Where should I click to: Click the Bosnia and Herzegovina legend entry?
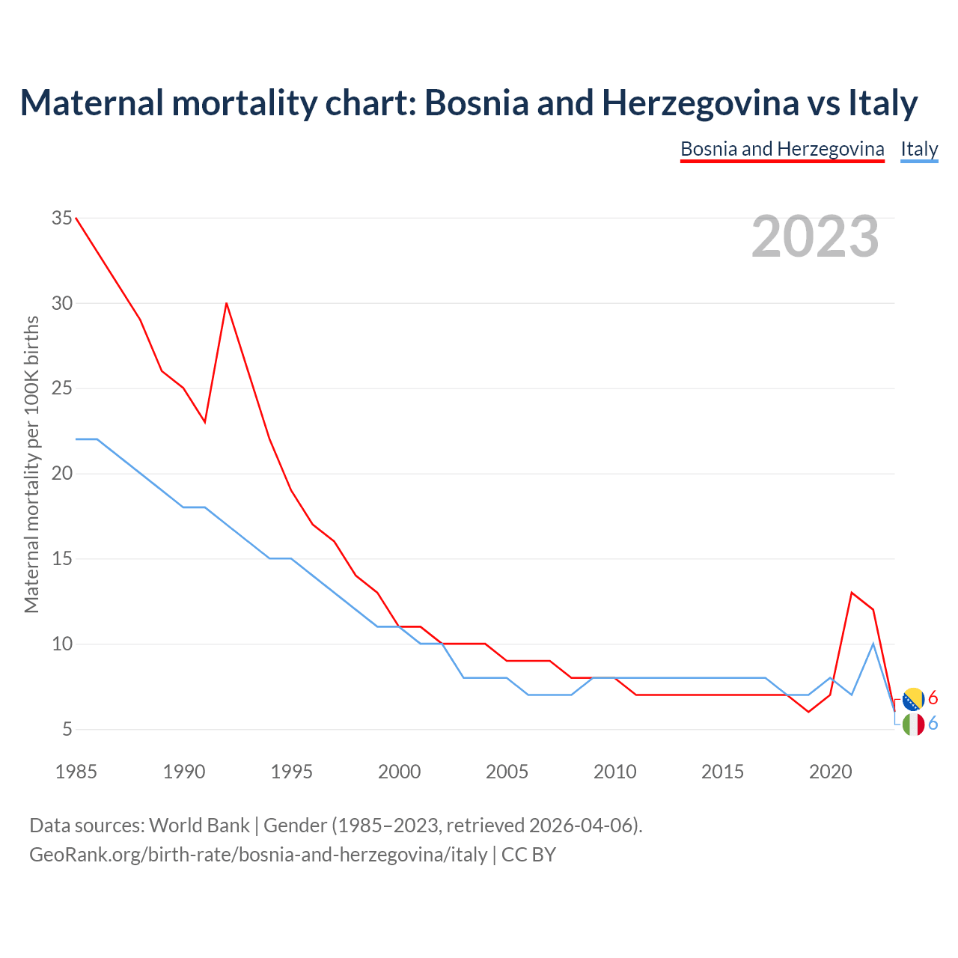(x=782, y=149)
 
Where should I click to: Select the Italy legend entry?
(x=919, y=149)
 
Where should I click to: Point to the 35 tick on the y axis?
(x=62, y=219)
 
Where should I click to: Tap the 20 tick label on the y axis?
(x=62, y=474)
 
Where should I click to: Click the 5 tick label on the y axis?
(x=67, y=729)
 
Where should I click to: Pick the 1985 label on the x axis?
(x=76, y=772)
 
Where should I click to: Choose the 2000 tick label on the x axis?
(x=399, y=772)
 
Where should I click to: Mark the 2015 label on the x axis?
(x=722, y=772)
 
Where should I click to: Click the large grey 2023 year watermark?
(x=815, y=237)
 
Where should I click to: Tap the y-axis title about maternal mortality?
(x=31, y=464)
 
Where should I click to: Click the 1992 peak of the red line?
(x=226, y=303)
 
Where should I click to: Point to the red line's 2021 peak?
(x=852, y=593)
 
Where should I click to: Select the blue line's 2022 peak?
(x=873, y=644)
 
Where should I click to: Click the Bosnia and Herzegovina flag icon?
(x=913, y=699)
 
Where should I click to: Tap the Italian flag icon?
(x=913, y=724)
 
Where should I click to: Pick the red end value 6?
(x=933, y=698)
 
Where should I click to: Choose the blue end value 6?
(x=933, y=724)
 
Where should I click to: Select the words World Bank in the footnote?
(x=199, y=826)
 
